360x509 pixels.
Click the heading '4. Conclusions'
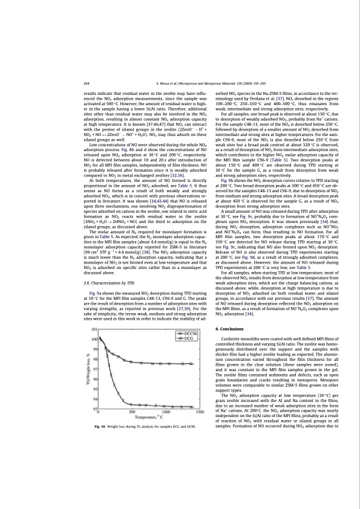[x=230, y=328]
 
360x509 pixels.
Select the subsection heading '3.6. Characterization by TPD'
[x=108, y=299]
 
